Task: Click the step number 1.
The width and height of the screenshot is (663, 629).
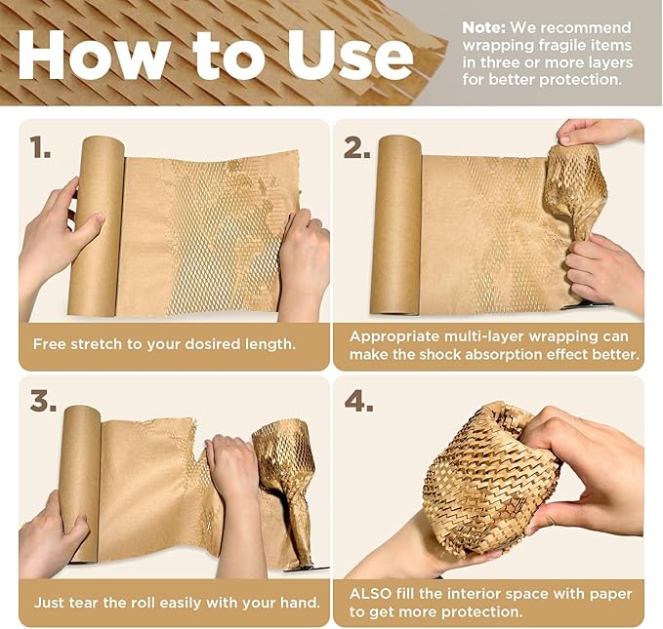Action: pos(41,147)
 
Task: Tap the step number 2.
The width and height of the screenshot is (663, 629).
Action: pos(356,147)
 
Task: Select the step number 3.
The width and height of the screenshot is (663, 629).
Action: pos(43,402)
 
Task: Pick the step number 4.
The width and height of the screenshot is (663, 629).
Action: pos(358,402)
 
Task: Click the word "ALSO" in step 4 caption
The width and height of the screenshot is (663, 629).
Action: pos(371,593)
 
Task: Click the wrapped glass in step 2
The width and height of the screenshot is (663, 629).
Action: pos(575,190)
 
